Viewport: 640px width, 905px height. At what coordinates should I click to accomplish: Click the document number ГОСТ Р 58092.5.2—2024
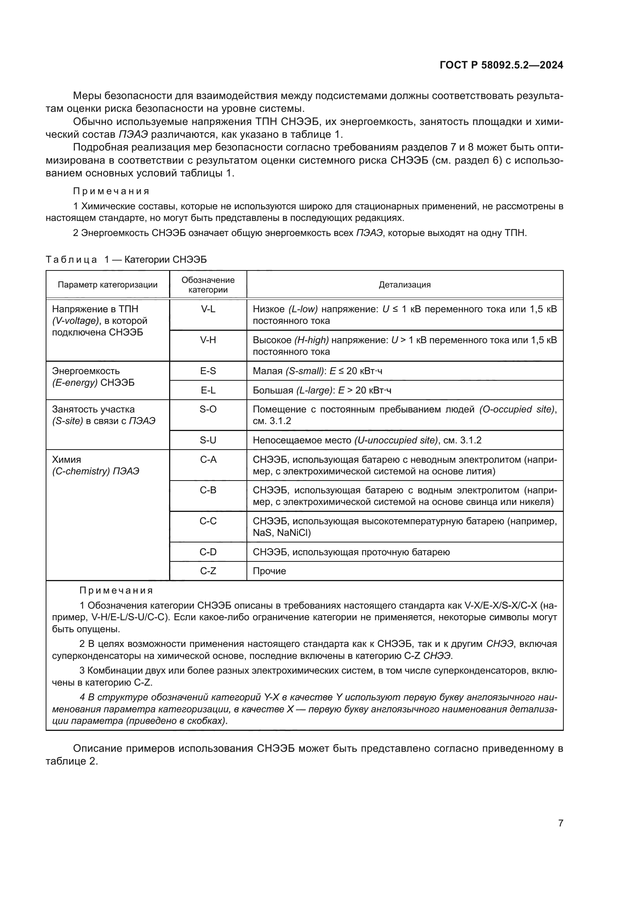click(501, 65)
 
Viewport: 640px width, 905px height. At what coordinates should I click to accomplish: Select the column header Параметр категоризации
click(108, 285)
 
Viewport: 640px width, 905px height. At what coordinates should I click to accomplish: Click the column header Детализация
click(404, 285)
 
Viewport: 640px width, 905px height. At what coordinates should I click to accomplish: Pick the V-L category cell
click(208, 309)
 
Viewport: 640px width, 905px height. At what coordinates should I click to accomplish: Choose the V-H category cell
click(208, 340)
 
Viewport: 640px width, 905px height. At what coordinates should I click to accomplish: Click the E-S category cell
click(208, 371)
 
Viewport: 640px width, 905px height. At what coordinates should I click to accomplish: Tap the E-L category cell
click(208, 390)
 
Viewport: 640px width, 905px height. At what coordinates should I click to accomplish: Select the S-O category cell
click(208, 409)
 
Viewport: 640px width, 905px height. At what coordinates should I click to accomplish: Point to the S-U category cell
click(208, 440)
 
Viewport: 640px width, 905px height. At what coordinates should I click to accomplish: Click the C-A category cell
click(208, 460)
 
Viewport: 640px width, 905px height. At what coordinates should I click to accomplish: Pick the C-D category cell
click(208, 552)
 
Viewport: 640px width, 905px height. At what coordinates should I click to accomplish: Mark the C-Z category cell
click(208, 571)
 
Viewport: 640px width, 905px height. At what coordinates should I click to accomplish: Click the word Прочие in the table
click(269, 571)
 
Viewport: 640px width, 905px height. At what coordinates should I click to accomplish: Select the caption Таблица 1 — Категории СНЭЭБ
click(126, 259)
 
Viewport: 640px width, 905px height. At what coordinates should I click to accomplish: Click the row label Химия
click(66, 460)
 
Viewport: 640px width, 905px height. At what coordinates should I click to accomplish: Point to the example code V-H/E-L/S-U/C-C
click(126, 617)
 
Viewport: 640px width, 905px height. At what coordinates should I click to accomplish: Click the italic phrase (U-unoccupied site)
click(396, 440)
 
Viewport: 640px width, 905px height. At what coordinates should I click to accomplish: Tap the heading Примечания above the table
click(111, 191)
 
